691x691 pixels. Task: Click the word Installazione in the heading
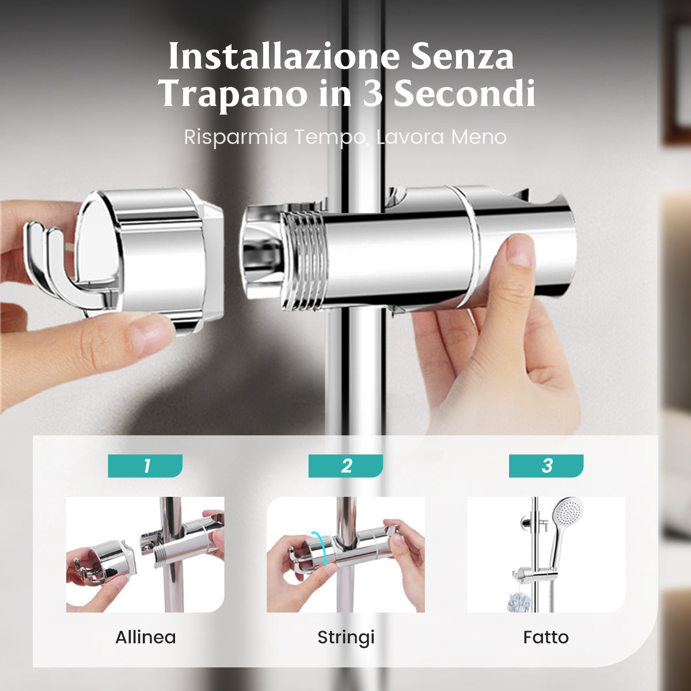(x=284, y=56)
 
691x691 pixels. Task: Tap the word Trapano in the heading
(x=233, y=94)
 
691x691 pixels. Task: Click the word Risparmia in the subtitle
(x=236, y=138)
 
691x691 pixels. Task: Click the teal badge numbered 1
(x=145, y=466)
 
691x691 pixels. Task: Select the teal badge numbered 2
(x=345, y=466)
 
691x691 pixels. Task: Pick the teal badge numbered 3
(x=546, y=466)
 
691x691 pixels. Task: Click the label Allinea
(x=146, y=637)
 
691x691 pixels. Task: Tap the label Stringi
(x=345, y=637)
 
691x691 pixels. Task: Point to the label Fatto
(x=546, y=637)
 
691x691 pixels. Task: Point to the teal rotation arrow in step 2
(x=321, y=549)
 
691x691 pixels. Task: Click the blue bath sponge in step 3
(x=518, y=602)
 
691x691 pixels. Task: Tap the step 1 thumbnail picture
(x=145, y=555)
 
